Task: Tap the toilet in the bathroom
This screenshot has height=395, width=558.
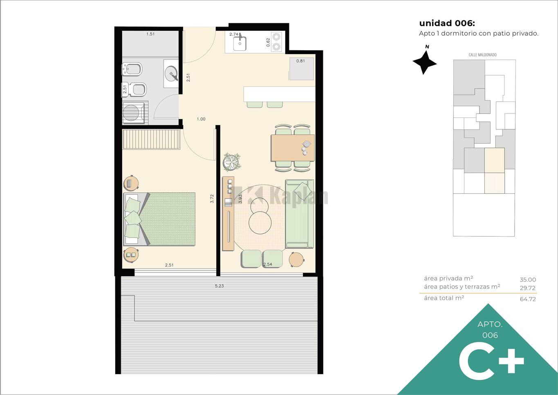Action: tap(137, 89)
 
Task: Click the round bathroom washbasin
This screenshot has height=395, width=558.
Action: tap(172, 73)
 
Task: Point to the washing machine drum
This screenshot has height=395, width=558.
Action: tap(131, 113)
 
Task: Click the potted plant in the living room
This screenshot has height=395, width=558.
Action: tap(232, 162)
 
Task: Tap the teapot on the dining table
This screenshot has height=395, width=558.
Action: tap(306, 144)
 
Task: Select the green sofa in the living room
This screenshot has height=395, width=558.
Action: tap(299, 214)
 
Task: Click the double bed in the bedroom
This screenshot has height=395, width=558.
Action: tap(159, 219)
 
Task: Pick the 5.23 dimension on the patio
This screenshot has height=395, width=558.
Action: tap(219, 286)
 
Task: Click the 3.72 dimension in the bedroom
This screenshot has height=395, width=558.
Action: tap(212, 199)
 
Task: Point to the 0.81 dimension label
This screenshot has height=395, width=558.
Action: tap(301, 61)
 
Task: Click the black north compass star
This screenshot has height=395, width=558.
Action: tap(424, 62)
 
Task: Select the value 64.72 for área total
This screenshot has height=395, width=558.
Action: tap(528, 299)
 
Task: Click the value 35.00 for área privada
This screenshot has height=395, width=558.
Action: tap(528, 280)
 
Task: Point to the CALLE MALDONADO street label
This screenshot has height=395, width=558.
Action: tap(482, 55)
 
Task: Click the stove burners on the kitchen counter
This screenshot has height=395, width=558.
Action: tap(276, 42)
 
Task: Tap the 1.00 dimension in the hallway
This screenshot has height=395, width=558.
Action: tap(201, 119)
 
